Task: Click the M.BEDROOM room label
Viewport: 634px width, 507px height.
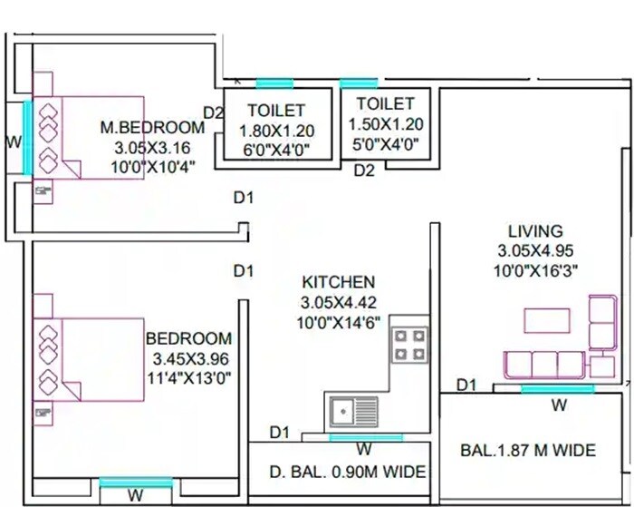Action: (x=153, y=128)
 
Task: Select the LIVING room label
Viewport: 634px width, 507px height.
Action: (x=535, y=231)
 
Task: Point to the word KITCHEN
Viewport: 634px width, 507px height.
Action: (x=338, y=283)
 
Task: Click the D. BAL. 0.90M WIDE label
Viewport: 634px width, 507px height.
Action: (x=348, y=473)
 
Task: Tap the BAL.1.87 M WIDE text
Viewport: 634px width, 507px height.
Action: (x=529, y=450)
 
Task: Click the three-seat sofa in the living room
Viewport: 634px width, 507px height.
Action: (x=543, y=365)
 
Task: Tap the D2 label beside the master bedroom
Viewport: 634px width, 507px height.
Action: (x=214, y=112)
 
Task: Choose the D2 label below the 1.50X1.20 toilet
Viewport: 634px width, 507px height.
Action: (x=364, y=170)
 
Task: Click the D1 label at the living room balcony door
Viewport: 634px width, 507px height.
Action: (x=466, y=385)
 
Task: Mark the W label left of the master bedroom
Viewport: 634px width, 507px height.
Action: (x=13, y=141)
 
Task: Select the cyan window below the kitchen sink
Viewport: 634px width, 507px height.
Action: (x=366, y=437)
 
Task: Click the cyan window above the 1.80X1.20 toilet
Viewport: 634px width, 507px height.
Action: (x=274, y=83)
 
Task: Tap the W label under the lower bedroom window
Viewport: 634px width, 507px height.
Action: (x=135, y=495)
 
